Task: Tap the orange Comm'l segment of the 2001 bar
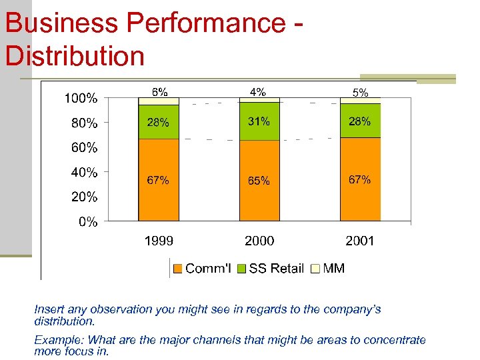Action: tap(360, 197)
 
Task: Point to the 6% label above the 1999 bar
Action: tap(159, 92)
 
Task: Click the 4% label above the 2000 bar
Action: tap(258, 92)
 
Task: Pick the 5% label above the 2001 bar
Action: tap(360, 93)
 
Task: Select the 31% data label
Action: tap(259, 121)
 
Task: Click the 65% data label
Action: tap(259, 181)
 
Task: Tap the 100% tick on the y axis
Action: tap(81, 99)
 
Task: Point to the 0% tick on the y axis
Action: tap(88, 222)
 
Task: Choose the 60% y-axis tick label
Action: tap(84, 147)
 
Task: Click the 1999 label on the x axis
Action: tap(159, 241)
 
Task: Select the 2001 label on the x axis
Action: tap(360, 241)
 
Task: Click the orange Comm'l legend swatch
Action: tap(178, 269)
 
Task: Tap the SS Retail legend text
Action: tap(276, 269)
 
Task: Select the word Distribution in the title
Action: tap(75, 55)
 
